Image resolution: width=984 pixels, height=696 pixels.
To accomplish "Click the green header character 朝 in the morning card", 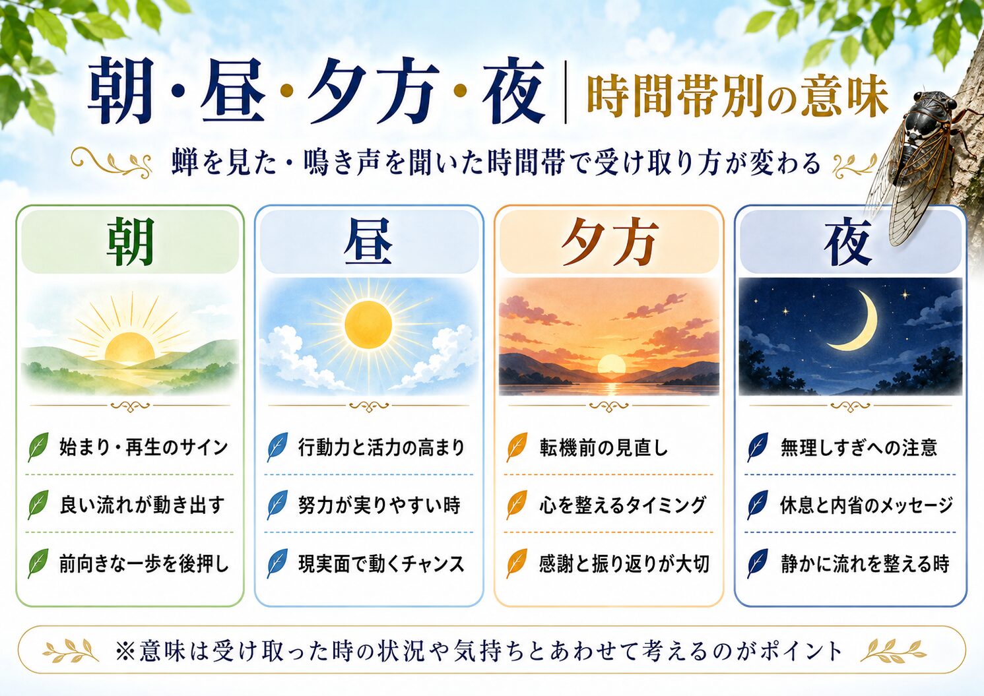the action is click(x=130, y=242).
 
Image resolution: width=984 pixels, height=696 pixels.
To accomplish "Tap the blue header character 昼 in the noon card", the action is click(x=368, y=242).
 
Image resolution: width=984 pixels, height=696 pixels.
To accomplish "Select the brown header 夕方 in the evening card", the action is click(x=610, y=242).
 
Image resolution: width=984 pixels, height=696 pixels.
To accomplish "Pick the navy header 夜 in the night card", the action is click(x=847, y=243).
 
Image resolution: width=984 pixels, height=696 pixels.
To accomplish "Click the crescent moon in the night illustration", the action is click(x=857, y=323).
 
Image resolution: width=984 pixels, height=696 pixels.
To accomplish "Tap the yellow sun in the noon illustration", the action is click(x=368, y=325).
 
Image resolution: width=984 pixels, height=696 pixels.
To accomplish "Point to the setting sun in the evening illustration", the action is click(x=612, y=364).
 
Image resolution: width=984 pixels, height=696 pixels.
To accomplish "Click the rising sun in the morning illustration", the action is click(x=129, y=347).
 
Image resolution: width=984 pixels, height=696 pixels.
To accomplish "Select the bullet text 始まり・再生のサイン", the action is click(x=144, y=447).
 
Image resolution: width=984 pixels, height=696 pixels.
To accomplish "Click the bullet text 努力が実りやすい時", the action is click(x=379, y=505).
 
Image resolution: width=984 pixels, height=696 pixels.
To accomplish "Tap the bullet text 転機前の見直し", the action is click(x=604, y=447).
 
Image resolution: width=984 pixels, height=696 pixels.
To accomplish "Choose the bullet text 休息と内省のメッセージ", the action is click(x=866, y=505).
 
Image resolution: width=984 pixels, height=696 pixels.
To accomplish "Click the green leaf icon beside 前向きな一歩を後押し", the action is click(x=38, y=563).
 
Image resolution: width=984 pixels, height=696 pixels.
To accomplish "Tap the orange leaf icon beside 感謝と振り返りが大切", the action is click(x=517, y=563).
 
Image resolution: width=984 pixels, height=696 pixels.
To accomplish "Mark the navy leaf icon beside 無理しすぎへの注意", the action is click(x=758, y=447).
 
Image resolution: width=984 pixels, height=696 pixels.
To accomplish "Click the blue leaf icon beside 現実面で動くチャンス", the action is click(x=278, y=563).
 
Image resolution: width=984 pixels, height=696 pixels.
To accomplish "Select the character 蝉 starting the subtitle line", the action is click(x=184, y=164).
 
